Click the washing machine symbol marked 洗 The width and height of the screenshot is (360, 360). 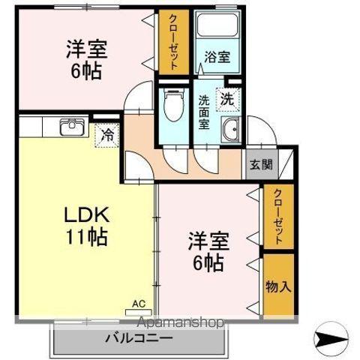(x=226, y=98)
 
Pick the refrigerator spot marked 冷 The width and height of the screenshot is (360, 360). (x=108, y=136)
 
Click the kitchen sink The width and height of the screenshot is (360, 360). (x=71, y=127)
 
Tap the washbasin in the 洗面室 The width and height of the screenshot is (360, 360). (x=232, y=130)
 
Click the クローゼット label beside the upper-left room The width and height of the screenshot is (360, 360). (x=173, y=42)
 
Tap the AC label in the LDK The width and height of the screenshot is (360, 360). (x=138, y=303)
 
